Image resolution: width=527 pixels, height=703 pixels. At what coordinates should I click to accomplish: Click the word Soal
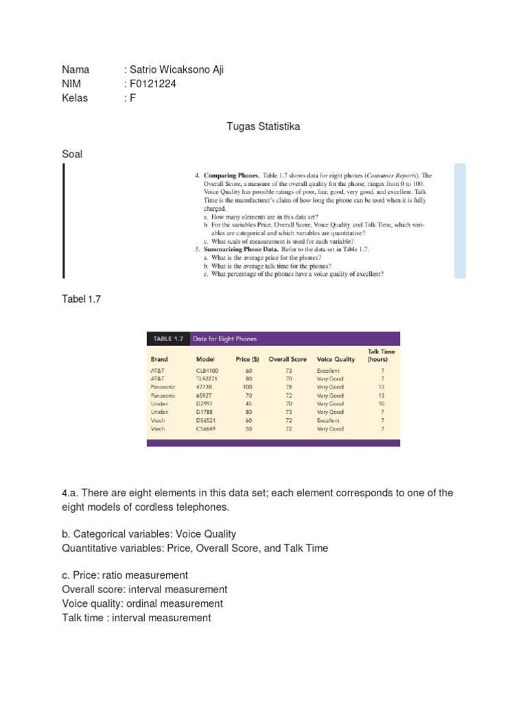pos(72,154)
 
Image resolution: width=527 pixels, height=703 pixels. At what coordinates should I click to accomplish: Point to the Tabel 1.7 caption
pos(81,299)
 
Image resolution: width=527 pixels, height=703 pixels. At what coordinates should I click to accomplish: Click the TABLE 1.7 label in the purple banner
pos(167,338)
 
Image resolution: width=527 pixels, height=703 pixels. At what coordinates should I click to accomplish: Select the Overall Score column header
pos(287,359)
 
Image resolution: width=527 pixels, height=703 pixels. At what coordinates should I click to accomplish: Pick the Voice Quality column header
pos(336,359)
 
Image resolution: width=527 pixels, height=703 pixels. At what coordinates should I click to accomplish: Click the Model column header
pos(205,359)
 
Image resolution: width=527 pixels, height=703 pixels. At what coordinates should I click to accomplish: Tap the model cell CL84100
pos(208,371)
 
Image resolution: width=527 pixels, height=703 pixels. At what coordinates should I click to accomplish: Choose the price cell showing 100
pos(248,387)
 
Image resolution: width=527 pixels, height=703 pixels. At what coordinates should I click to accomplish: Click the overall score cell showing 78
pos(289,387)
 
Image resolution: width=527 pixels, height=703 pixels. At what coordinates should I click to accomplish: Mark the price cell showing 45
pos(248,404)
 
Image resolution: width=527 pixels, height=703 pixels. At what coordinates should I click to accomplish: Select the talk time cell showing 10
pos(382,404)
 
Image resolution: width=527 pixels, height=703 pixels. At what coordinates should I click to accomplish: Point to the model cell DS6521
pos(207,420)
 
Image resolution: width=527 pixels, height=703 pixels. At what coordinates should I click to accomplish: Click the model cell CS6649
pos(207,428)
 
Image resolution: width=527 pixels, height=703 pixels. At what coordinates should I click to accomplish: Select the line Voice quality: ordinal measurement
pos(142,603)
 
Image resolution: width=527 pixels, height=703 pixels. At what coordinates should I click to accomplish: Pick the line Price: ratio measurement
pos(125,575)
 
